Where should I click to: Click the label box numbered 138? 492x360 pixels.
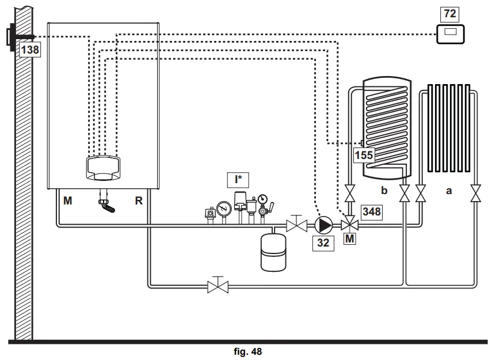[x=30, y=50]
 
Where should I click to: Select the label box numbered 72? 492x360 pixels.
[x=450, y=13]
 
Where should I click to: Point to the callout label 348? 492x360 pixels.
[x=371, y=211]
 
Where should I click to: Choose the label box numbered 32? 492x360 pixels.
[x=323, y=242]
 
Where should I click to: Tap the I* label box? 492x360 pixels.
[x=238, y=180]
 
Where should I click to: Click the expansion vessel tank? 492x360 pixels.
[x=273, y=251]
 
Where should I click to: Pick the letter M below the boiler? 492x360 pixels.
[x=68, y=201]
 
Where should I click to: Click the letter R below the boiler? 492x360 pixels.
[x=138, y=201]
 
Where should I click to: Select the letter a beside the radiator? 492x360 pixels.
[x=448, y=190]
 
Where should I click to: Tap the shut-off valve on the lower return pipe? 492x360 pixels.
[x=218, y=285]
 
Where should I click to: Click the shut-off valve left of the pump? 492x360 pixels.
[x=296, y=223]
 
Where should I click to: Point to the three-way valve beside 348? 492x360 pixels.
[x=349, y=225]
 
